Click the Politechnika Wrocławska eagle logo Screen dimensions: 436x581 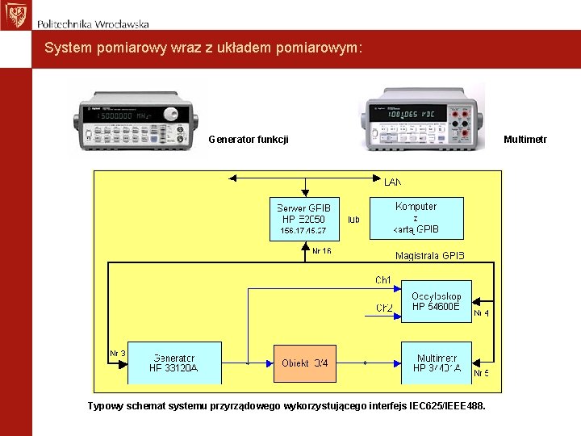coord(14,15)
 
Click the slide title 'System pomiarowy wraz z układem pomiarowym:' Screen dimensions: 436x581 coord(203,48)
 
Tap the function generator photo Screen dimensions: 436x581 coord(136,117)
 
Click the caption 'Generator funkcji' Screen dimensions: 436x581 coord(249,140)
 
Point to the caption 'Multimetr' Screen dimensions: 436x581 coord(525,140)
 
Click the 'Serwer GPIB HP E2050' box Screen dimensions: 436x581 coord(303,218)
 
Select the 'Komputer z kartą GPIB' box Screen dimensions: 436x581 coord(416,218)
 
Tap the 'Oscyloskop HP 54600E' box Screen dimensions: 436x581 coord(436,301)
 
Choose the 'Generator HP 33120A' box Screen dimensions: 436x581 coord(173,363)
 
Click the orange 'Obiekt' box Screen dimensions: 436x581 coord(305,363)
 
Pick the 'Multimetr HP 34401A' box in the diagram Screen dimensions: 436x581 coord(436,363)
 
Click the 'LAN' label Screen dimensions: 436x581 coord(392,182)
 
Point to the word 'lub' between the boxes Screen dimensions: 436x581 coord(353,219)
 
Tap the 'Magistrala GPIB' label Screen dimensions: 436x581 coord(430,256)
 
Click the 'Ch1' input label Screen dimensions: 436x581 coord(382,280)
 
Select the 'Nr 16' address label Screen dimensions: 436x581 coord(321,251)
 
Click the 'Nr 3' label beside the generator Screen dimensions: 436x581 coord(118,353)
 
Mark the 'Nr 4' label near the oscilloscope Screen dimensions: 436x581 coord(481,312)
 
